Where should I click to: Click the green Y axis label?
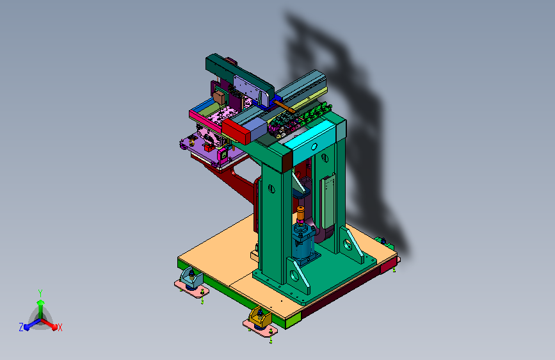[40, 293]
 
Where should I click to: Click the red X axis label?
[60, 328]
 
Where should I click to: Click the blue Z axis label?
[21, 327]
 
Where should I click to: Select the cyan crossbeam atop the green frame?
[310, 138]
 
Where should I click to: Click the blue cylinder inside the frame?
[304, 245]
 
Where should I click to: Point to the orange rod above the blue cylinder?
[300, 213]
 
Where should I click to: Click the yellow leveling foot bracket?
[260, 318]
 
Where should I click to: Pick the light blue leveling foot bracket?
[191, 278]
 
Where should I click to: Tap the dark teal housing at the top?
[239, 75]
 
